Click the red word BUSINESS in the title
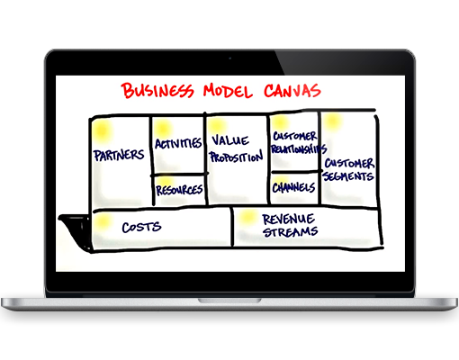(x=157, y=90)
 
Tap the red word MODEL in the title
(x=228, y=92)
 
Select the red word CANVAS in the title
(x=292, y=90)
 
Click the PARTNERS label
(x=119, y=155)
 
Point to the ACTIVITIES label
(x=178, y=143)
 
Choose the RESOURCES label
(x=179, y=190)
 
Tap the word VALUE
(x=230, y=140)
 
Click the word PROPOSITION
(x=237, y=157)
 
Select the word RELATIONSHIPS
(x=299, y=148)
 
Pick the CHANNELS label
(x=293, y=188)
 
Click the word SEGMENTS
(x=348, y=176)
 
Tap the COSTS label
(x=141, y=227)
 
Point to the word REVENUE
(x=289, y=219)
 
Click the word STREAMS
(x=290, y=232)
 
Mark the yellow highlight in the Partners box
(x=102, y=131)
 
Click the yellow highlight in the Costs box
(x=103, y=221)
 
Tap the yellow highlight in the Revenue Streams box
(x=247, y=217)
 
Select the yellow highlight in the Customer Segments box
(x=332, y=121)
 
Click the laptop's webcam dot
(x=230, y=58)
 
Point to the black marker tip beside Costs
(x=75, y=231)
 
